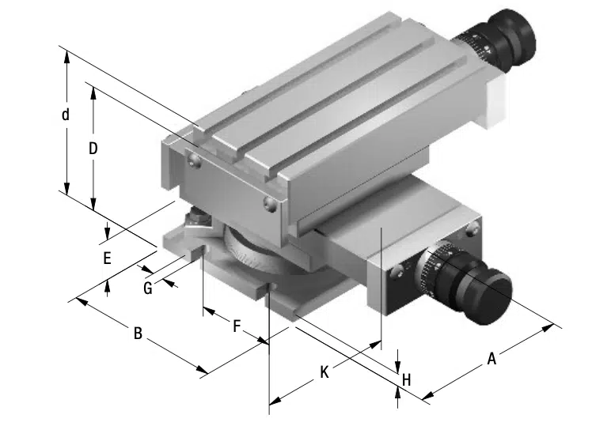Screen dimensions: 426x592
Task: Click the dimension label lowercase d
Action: point(66,115)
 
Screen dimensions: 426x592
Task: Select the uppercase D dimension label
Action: point(93,148)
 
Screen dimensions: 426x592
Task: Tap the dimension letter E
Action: point(108,258)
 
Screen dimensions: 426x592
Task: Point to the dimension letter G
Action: point(147,288)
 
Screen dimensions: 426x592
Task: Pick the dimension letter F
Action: point(237,325)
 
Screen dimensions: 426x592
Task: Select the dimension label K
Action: point(324,372)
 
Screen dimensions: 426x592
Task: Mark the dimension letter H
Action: point(406,380)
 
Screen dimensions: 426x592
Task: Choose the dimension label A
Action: point(491,359)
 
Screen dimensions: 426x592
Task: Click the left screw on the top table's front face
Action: point(192,162)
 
